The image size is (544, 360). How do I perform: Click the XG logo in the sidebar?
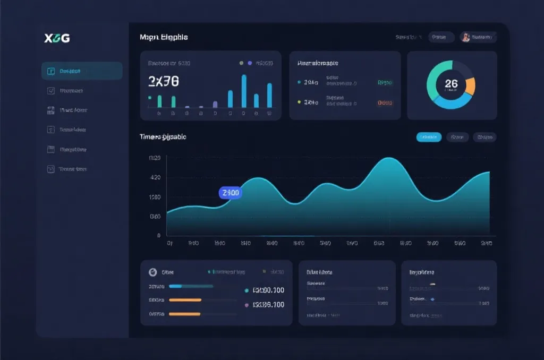tap(57, 38)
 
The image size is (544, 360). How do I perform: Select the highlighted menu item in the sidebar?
tap(82, 71)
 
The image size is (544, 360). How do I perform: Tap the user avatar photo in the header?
tap(466, 37)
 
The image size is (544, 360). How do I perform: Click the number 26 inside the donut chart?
tap(451, 84)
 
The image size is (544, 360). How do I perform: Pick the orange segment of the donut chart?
tap(470, 85)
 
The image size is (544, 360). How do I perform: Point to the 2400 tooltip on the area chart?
tap(231, 193)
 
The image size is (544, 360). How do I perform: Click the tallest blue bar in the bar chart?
tap(244, 91)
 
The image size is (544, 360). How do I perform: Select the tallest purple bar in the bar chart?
tap(215, 105)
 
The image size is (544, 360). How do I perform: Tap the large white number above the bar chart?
tap(164, 81)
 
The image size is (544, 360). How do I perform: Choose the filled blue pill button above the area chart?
tap(429, 137)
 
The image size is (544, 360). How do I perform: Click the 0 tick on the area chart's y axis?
tap(159, 235)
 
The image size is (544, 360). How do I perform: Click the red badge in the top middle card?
tap(385, 103)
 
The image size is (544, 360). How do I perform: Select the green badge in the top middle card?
tap(385, 83)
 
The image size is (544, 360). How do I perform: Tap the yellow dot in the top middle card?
tap(299, 102)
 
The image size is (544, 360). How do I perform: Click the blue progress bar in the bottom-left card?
tap(175, 286)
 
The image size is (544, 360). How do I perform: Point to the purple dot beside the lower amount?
tap(246, 305)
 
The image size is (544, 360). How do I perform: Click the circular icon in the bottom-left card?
tap(153, 272)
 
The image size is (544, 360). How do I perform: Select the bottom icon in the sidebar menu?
tap(51, 169)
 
